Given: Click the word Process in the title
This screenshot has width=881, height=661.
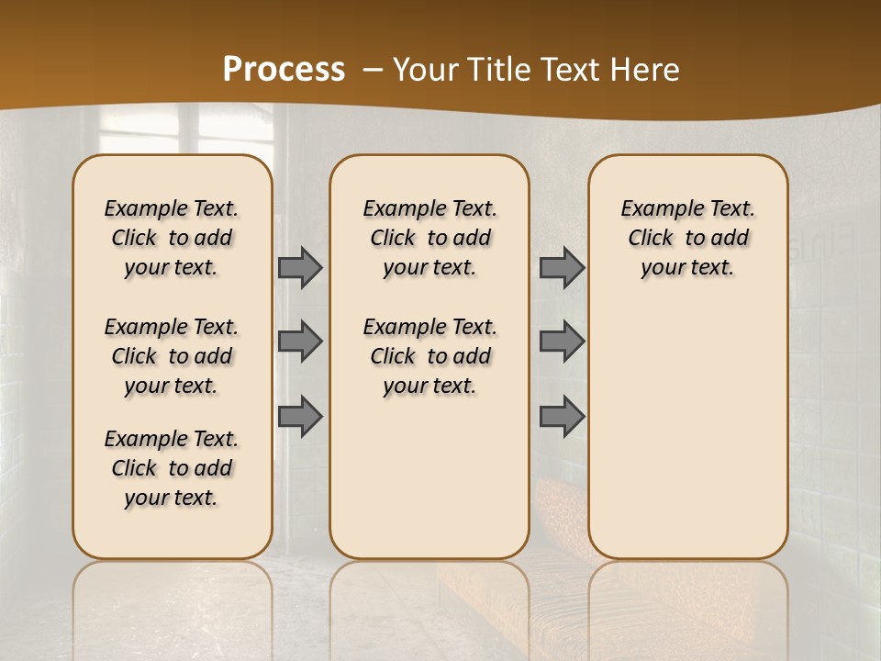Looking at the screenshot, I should tap(284, 70).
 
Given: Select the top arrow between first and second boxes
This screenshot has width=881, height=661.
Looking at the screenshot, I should tap(299, 267).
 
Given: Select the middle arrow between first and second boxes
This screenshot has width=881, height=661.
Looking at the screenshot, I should tap(299, 342).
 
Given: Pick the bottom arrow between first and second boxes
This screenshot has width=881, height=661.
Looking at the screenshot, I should tap(299, 417).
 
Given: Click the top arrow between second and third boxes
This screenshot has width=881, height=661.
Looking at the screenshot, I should tap(562, 267).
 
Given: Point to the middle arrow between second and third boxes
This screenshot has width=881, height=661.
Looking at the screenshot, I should tap(562, 342).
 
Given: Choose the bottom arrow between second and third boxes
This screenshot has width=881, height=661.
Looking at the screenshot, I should tap(562, 417).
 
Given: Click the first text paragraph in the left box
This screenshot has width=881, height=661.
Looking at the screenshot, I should tap(172, 238).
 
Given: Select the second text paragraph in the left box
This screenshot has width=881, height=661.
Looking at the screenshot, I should tap(172, 356).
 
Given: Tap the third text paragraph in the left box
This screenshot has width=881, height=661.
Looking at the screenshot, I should tap(172, 468).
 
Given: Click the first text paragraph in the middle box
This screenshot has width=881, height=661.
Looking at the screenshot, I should tap(429, 238).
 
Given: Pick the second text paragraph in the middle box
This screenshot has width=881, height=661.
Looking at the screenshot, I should tap(429, 356).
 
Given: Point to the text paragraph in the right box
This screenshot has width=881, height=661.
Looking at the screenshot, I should tap(687, 238).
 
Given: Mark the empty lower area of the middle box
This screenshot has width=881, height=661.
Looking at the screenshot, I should tap(429, 477).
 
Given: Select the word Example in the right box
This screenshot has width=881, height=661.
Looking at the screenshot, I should tap(652, 208).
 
